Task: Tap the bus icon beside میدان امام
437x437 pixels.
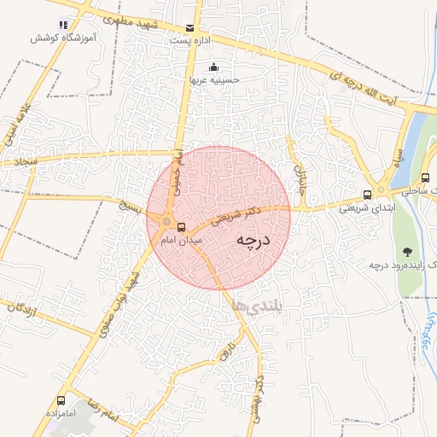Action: (x=181, y=227)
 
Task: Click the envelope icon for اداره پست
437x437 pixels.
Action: (x=189, y=28)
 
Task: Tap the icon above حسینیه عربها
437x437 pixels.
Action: (x=213, y=67)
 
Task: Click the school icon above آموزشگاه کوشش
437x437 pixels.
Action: (x=61, y=25)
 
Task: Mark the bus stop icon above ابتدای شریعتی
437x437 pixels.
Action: (x=367, y=195)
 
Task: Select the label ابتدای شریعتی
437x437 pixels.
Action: (x=365, y=207)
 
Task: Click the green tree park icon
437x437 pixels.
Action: (x=408, y=252)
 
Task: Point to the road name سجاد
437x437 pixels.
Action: (x=19, y=160)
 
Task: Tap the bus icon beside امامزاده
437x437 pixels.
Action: (x=61, y=400)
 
